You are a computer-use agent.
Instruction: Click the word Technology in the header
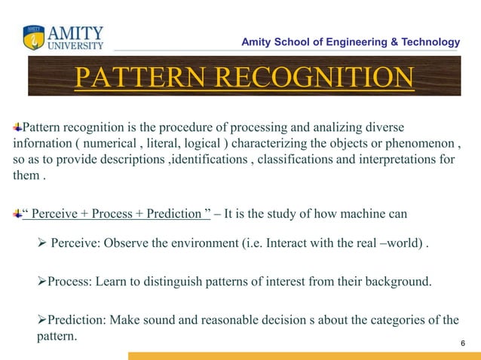click(427, 41)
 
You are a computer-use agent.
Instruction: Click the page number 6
click(462, 343)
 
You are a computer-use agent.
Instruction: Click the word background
click(396, 282)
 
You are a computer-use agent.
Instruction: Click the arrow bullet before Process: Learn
click(42, 282)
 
